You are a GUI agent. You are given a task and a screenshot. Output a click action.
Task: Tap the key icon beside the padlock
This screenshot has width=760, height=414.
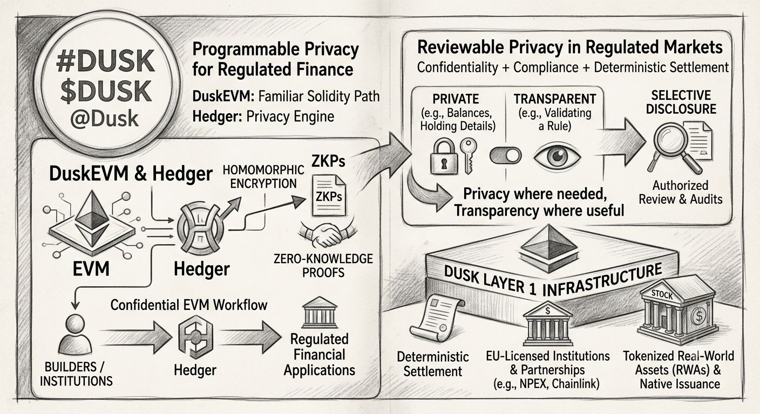coord(469,155)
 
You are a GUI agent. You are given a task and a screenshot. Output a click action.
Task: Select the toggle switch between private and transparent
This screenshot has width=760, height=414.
coord(506,156)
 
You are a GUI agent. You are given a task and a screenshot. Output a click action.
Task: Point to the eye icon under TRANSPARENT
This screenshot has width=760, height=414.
coord(557,157)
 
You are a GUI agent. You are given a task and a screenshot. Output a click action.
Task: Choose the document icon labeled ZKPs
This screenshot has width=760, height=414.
coord(328,195)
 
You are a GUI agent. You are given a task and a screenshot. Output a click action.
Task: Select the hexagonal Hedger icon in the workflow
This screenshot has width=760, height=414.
coord(195,337)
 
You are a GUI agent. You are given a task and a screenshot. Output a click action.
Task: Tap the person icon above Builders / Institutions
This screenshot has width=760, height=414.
coord(74,335)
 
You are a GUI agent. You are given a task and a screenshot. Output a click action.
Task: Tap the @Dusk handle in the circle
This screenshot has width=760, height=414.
coord(105,119)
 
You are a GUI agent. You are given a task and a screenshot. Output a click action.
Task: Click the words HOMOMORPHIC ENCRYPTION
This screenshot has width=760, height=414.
coord(263,176)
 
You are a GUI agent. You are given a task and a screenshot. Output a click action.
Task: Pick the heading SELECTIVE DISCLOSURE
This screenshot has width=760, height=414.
coord(681,102)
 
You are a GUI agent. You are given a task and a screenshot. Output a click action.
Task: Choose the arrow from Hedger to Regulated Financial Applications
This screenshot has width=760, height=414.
coord(251,337)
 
